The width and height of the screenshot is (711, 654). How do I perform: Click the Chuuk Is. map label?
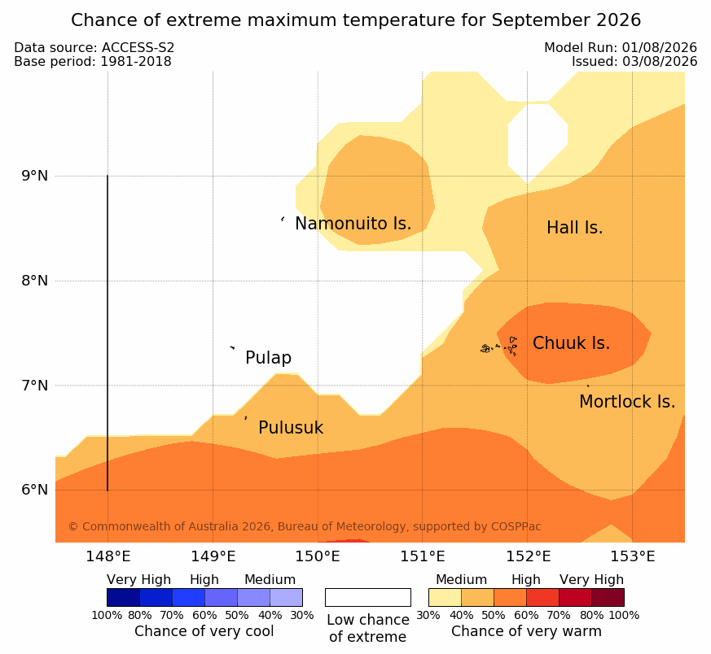(x=571, y=343)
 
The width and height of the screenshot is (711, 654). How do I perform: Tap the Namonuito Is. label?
(x=353, y=223)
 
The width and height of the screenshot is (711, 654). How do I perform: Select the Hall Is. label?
(x=574, y=228)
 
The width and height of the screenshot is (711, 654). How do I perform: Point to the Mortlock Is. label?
(x=627, y=401)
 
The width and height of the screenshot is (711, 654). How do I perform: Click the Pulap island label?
(x=269, y=358)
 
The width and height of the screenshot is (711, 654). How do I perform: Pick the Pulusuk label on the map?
(x=291, y=428)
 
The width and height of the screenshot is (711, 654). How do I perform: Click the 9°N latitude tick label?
(x=34, y=176)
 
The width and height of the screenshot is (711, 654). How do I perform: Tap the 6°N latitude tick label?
(x=34, y=490)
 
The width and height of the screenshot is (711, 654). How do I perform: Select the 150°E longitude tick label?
(x=318, y=556)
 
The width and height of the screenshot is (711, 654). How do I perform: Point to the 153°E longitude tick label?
(x=633, y=556)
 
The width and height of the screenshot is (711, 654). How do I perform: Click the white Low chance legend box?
(x=368, y=597)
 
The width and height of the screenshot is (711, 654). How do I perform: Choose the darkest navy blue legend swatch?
(x=123, y=597)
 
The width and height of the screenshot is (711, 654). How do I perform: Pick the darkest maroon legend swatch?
(x=608, y=597)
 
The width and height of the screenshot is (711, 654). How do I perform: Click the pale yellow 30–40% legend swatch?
(x=445, y=597)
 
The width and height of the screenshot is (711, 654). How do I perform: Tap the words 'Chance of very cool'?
(x=204, y=631)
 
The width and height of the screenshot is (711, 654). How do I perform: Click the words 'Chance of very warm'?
(x=526, y=631)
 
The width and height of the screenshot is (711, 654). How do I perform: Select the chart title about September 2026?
(x=356, y=20)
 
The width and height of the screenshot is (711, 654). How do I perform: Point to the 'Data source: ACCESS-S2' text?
(x=94, y=47)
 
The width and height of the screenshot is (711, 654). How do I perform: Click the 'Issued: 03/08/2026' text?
(x=634, y=62)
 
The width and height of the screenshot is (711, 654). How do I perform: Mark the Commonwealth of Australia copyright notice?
(x=305, y=526)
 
